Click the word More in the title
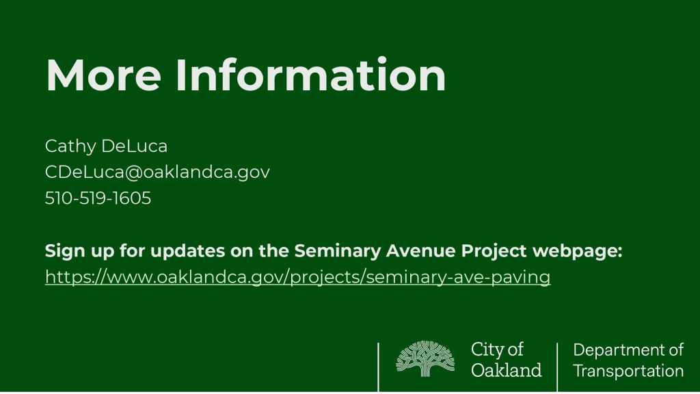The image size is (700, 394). coord(103,75)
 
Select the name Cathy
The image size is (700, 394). coord(70,146)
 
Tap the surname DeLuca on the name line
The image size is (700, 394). coord(134,146)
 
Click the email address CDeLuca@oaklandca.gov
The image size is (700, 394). coord(157,172)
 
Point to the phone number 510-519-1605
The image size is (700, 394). coord(98,198)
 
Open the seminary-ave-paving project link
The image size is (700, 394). coord(298,278)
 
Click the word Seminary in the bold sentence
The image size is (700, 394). coord(338,251)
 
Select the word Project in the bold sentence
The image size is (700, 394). coord(494,251)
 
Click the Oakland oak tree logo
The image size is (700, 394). coord(425,358)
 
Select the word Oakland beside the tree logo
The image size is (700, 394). coord(507,370)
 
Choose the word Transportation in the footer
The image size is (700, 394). coord(628,371)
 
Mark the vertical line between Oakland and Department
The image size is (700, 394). coord(557,367)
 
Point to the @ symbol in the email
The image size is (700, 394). coord(133,173)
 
